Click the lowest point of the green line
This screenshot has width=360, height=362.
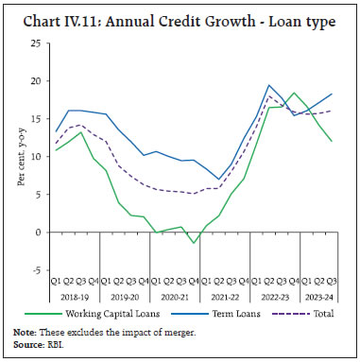[194, 243]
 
